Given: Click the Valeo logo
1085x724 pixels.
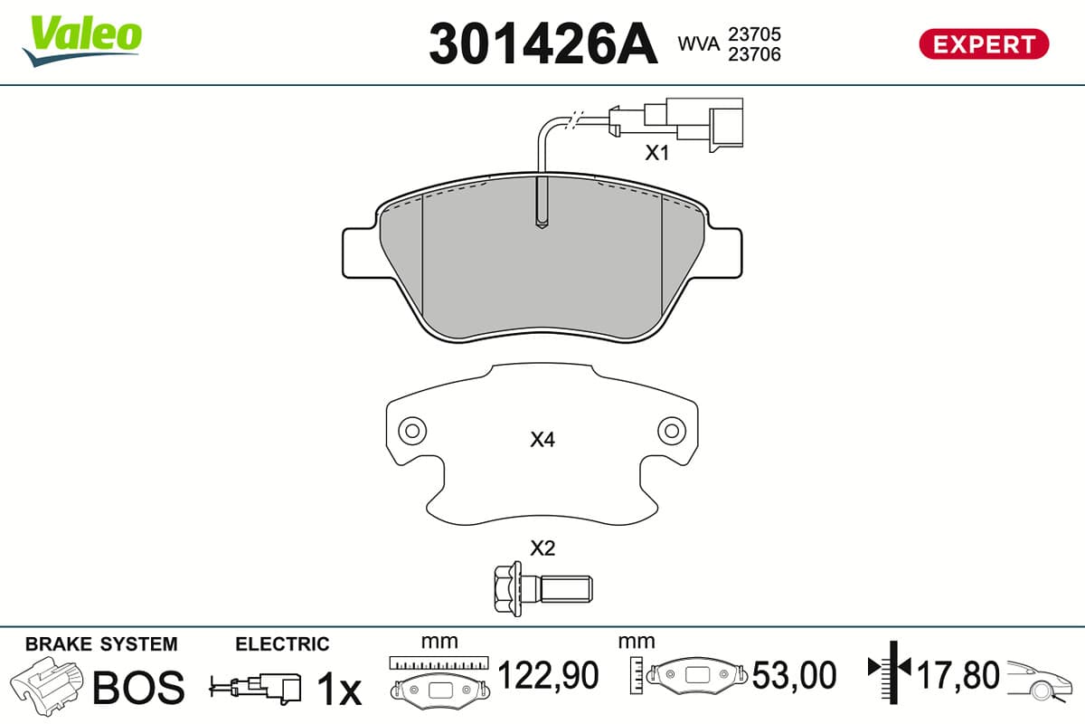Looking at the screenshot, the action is (x=82, y=41).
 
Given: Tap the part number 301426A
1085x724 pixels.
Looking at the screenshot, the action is (x=543, y=44).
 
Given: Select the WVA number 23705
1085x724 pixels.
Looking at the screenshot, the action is (x=755, y=34).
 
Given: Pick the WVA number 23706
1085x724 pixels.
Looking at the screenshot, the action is (x=755, y=54).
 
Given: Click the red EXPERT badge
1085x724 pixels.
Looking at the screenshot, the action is (x=984, y=44).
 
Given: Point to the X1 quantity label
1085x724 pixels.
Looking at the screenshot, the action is (x=656, y=153).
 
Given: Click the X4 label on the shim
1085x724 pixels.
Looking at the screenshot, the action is (x=542, y=440).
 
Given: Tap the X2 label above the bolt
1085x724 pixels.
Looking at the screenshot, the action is (x=542, y=548).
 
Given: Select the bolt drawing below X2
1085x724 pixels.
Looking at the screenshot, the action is (x=543, y=589).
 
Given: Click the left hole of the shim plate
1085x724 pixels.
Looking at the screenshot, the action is (x=412, y=430).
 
